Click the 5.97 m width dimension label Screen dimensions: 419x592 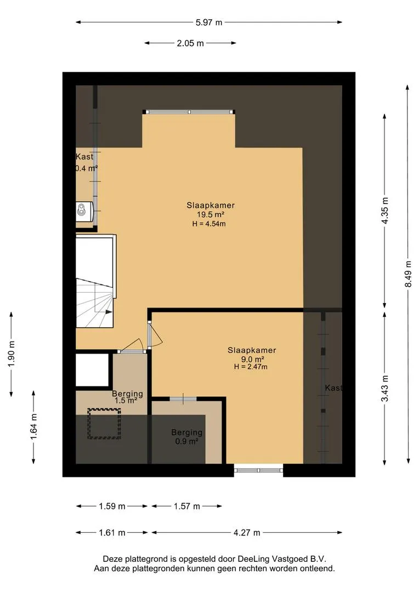208,22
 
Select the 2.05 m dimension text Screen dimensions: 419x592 190,43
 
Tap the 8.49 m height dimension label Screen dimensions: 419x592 408,274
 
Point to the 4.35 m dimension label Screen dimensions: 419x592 384,210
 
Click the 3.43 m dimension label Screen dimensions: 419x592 384,389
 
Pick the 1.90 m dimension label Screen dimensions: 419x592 12,354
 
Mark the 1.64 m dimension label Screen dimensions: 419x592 33,426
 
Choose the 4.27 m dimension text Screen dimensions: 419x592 247,533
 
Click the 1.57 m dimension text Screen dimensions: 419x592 186,506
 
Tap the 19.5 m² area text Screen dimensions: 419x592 211,214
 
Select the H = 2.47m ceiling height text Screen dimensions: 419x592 251,367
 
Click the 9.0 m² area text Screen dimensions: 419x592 252,359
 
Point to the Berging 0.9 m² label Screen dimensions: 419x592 186,436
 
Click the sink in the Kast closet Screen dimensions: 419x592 84,211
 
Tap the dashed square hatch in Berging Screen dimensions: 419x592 104,424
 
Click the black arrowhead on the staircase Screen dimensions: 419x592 109,312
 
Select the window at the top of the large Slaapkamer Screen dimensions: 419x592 189,112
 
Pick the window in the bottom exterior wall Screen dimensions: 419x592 258,470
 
